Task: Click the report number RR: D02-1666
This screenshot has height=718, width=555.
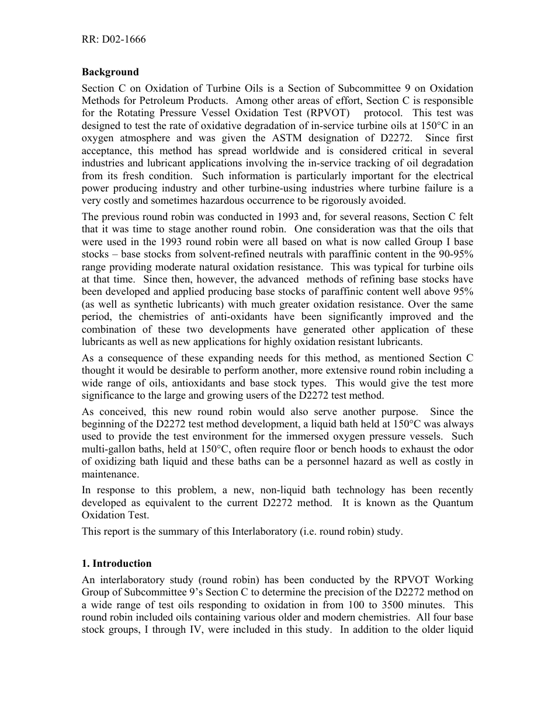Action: [x=113, y=40]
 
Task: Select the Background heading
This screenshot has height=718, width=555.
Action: [x=110, y=72]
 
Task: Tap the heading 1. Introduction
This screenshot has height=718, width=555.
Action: [x=116, y=563]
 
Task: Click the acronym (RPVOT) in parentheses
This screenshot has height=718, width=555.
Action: [x=326, y=113]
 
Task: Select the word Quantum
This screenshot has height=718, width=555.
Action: [x=452, y=503]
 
